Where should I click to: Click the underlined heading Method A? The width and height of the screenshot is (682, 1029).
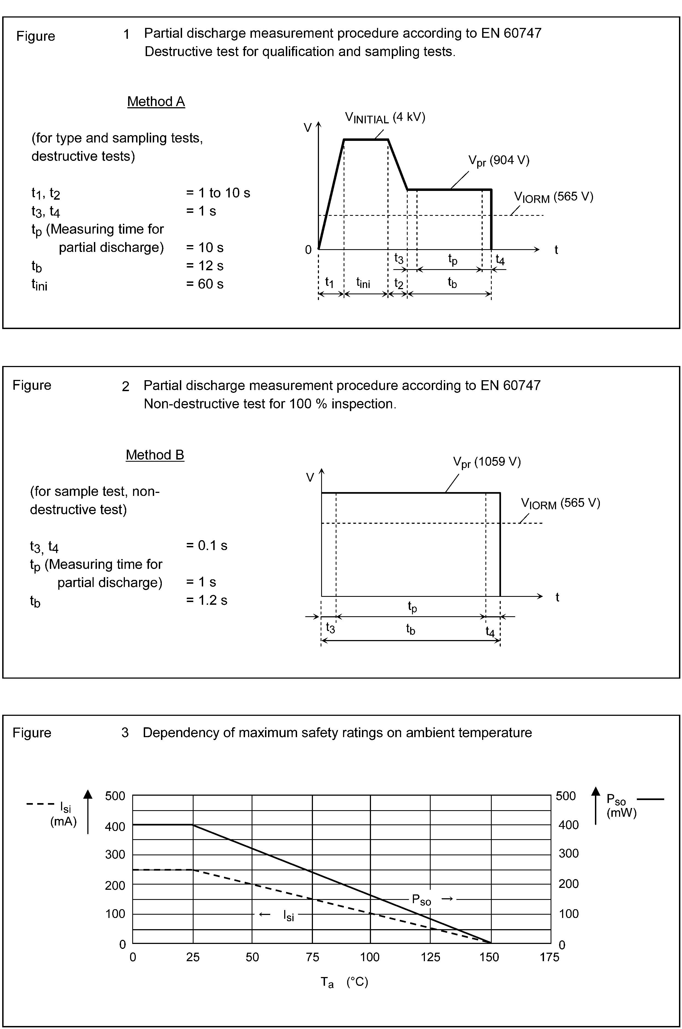(156, 102)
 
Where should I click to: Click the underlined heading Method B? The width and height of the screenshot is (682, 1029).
(155, 455)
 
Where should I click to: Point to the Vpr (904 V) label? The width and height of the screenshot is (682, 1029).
(499, 161)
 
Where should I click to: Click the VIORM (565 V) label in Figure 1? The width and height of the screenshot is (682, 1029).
(553, 197)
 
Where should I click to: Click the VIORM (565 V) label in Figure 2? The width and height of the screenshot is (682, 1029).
(560, 504)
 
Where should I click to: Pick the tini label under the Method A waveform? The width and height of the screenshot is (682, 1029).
(363, 283)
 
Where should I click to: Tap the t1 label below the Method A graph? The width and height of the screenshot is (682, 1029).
(330, 283)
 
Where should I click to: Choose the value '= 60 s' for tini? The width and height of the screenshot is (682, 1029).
(205, 284)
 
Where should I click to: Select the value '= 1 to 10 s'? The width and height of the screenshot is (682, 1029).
(218, 193)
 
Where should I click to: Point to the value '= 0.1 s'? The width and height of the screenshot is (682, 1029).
(207, 546)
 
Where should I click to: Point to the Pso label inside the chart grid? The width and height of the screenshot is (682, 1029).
(421, 900)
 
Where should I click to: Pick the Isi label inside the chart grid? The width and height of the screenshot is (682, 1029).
(288, 915)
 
